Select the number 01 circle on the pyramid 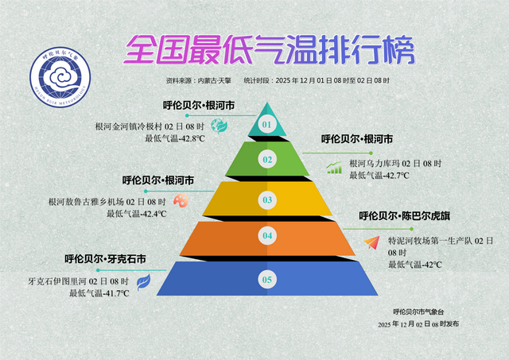tap(267, 124)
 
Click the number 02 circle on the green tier tap(267, 160)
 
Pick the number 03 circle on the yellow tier tap(267, 199)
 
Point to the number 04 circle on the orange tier tap(267, 236)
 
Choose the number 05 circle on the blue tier tap(267, 279)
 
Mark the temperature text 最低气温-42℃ tap(414, 265)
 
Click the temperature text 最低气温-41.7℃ tap(99, 293)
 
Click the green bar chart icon tap(335, 167)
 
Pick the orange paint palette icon tap(181, 202)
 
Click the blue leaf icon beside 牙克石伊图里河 tap(144, 281)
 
